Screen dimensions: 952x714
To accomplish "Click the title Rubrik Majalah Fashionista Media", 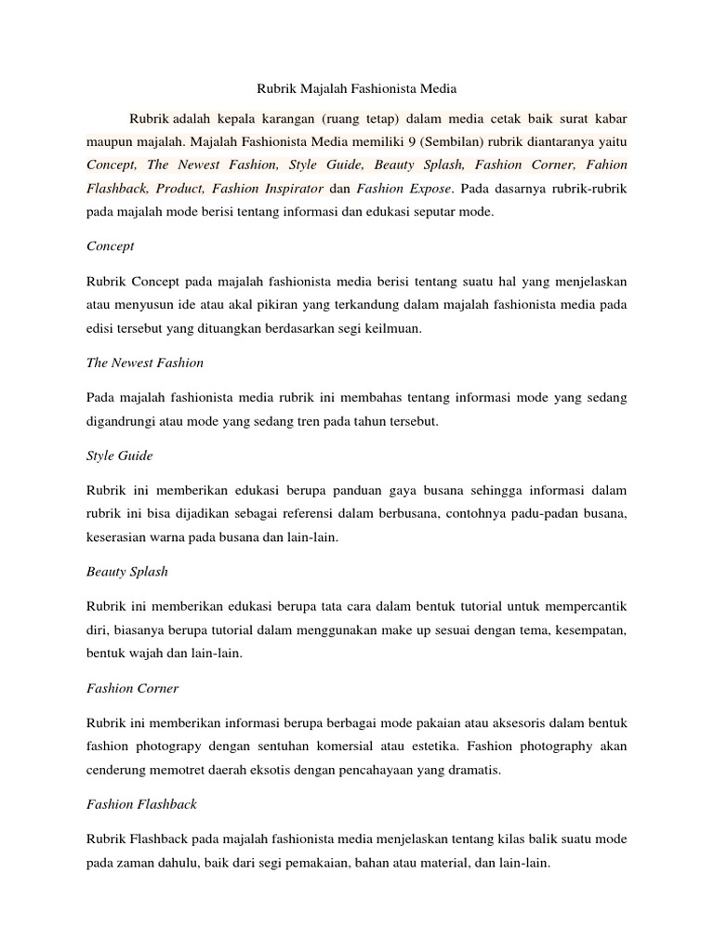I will pyautogui.click(x=357, y=89).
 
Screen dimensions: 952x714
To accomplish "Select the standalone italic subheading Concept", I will pyautogui.click(x=110, y=246).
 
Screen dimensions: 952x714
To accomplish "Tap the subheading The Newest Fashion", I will pyautogui.click(x=144, y=363).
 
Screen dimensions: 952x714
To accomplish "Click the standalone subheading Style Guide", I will pyautogui.click(x=119, y=456).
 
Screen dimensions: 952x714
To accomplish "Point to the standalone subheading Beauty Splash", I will pyautogui.click(x=127, y=572).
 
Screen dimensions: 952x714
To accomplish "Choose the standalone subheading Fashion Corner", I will pyautogui.click(x=132, y=688).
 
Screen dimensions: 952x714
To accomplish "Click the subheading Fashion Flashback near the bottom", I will pyautogui.click(x=141, y=804).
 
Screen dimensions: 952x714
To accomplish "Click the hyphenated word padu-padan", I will pyautogui.click(x=532, y=513).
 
